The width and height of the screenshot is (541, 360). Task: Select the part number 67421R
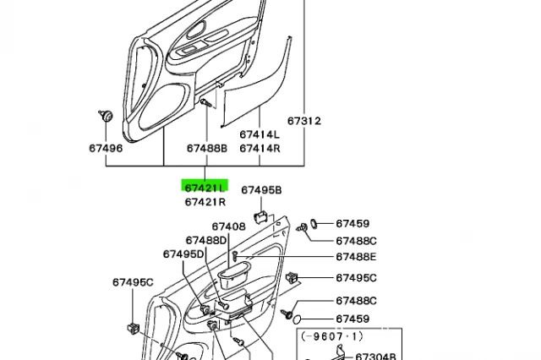coord(205,202)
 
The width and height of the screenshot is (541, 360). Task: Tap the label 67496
coord(106,148)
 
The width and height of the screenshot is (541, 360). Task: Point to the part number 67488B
coord(207,148)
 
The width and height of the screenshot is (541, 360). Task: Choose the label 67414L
coord(259,134)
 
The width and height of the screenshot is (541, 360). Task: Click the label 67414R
coord(259,148)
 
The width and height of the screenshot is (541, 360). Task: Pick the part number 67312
coord(303,121)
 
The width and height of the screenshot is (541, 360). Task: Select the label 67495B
coord(261,190)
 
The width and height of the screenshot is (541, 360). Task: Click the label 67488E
coord(356,257)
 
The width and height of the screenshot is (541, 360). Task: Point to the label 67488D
coord(206,240)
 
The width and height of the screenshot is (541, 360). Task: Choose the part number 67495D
coord(183,254)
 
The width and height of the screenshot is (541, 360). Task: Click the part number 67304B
coord(375,357)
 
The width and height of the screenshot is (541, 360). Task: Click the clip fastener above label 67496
coord(107,116)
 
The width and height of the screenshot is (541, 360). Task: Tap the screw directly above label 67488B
coord(205,102)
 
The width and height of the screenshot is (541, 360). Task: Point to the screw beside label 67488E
coord(237,254)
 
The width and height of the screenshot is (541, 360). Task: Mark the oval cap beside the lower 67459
coord(298,319)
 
